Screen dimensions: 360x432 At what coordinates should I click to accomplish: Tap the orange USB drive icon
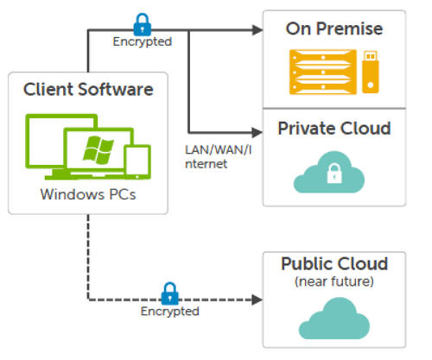[x=370, y=70]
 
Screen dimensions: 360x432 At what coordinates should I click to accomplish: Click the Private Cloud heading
[x=334, y=129]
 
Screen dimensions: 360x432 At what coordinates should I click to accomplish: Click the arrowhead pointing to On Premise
[x=256, y=30]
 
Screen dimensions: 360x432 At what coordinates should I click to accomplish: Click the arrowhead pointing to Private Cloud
[x=256, y=131]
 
